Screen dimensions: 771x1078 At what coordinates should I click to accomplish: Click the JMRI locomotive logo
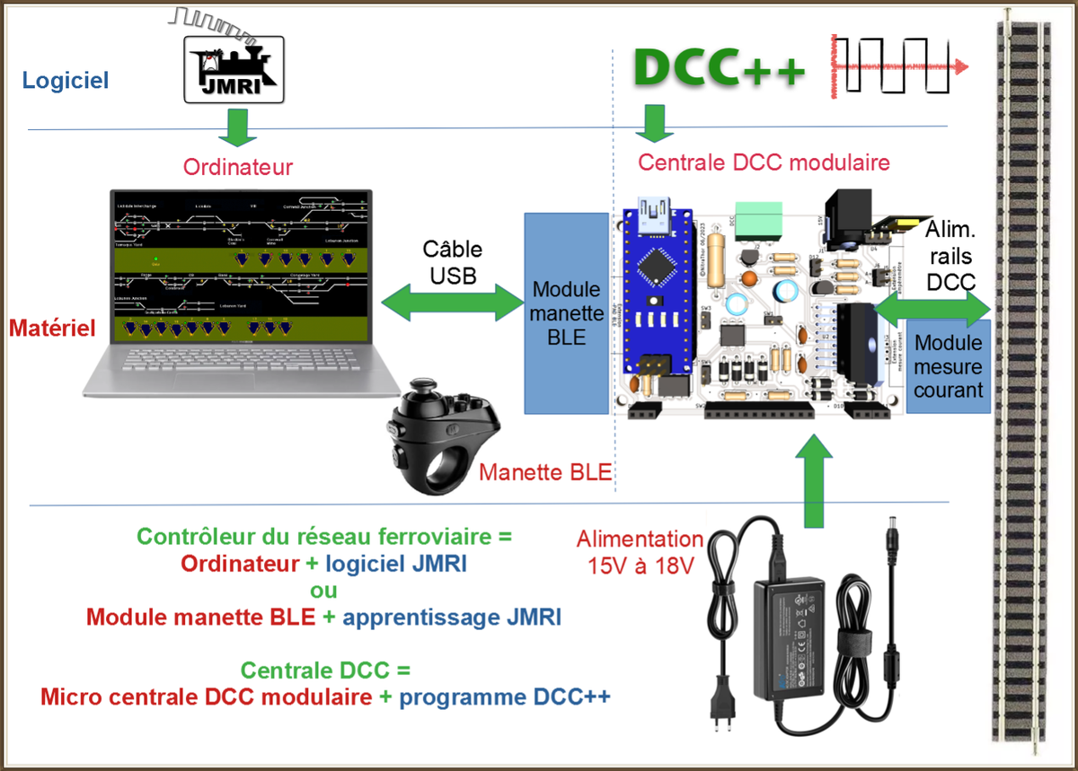234,68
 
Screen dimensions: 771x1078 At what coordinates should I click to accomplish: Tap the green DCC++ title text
720,67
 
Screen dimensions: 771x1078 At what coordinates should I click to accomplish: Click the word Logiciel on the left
66,81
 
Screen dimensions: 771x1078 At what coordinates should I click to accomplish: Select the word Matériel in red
52,329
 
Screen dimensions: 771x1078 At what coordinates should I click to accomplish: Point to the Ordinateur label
238,167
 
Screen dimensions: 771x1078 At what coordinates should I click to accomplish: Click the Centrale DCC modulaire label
764,162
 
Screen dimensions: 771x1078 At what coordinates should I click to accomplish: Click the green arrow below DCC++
655,123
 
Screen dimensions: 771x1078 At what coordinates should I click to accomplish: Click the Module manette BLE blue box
566,313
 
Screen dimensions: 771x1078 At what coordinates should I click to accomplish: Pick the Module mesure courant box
948,366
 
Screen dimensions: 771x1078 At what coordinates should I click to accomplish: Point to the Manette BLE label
544,472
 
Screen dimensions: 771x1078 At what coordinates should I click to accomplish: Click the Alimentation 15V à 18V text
640,552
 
